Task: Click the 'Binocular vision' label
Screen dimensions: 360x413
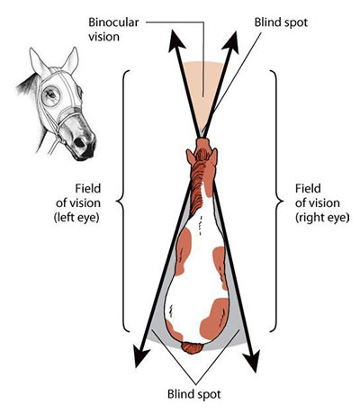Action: pyautogui.click(x=113, y=30)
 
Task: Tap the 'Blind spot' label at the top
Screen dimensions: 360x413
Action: pyautogui.click(x=281, y=22)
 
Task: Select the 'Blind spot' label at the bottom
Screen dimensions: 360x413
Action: pyautogui.click(x=194, y=394)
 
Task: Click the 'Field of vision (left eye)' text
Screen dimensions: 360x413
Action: pyautogui.click(x=78, y=203)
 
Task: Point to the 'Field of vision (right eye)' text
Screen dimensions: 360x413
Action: pyautogui.click(x=322, y=203)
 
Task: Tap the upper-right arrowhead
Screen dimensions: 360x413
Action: pyautogui.click(x=231, y=42)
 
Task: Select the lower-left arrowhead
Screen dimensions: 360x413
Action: pyautogui.click(x=140, y=355)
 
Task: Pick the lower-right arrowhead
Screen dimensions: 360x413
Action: pyautogui.click(x=251, y=359)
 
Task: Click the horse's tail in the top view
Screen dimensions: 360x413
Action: pyautogui.click(x=193, y=348)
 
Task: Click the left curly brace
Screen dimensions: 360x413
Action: pyautogui.click(x=121, y=201)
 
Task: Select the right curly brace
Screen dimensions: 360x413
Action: pyautogui.click(x=277, y=201)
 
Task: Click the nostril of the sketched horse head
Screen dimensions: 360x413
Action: pyautogui.click(x=80, y=142)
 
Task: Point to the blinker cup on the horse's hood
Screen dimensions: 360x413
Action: pyautogui.click(x=50, y=95)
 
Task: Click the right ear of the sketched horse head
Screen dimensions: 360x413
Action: pyautogui.click(x=71, y=60)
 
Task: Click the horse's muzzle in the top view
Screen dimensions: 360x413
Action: pyautogui.click(x=203, y=143)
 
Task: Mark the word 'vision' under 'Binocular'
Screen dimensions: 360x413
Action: pyautogui.click(x=103, y=37)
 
